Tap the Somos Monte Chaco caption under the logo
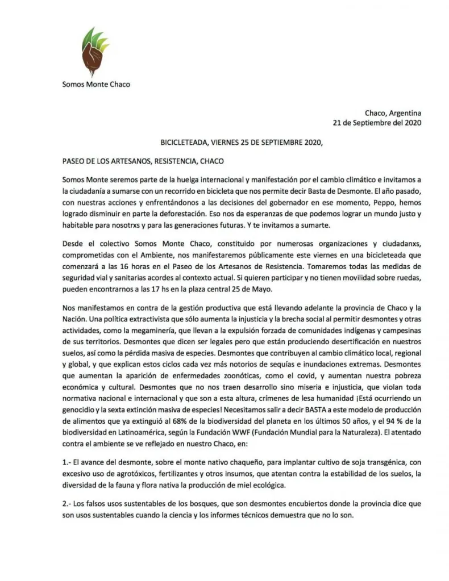click(96, 85)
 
